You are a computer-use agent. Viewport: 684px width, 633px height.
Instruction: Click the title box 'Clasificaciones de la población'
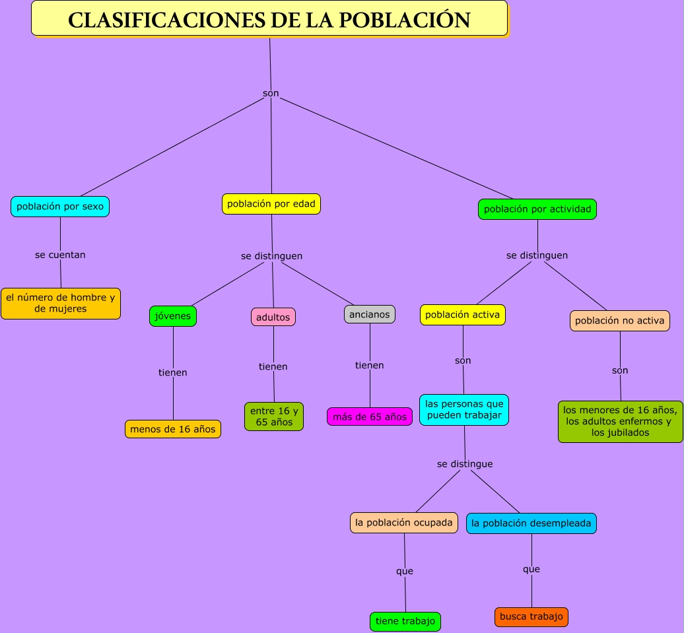(269, 18)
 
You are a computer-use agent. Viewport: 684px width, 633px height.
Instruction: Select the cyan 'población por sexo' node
(60, 207)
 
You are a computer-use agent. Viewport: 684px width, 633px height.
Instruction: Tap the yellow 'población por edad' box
(271, 204)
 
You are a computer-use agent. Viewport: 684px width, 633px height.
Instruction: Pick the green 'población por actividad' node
(537, 209)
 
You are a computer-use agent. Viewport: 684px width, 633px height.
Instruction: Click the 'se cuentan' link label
(60, 255)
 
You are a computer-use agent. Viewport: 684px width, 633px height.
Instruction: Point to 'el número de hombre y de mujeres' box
(61, 304)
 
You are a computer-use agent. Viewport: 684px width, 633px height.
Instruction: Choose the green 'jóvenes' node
(173, 316)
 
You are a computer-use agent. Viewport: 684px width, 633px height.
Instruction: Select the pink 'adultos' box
(273, 317)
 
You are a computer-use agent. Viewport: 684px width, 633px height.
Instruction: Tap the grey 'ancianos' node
(370, 314)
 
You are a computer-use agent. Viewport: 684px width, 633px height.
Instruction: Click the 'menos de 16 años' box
(173, 429)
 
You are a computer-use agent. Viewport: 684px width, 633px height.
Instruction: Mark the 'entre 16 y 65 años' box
(274, 416)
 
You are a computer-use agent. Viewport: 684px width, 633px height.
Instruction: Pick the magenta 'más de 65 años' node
(370, 416)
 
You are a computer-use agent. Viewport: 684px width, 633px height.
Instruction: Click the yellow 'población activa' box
(463, 315)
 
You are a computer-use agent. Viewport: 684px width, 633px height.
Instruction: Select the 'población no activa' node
(620, 321)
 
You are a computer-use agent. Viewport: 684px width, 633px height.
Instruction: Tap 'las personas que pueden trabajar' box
(464, 410)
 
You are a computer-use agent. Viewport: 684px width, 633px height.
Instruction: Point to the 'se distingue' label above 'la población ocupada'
(465, 464)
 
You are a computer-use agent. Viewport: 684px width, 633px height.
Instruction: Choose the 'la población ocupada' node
(404, 523)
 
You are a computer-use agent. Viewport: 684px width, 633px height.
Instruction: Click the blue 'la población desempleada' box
(531, 523)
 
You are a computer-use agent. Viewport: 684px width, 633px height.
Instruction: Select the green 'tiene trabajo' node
(405, 621)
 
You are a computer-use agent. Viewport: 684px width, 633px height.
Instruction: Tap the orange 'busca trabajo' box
(531, 617)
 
